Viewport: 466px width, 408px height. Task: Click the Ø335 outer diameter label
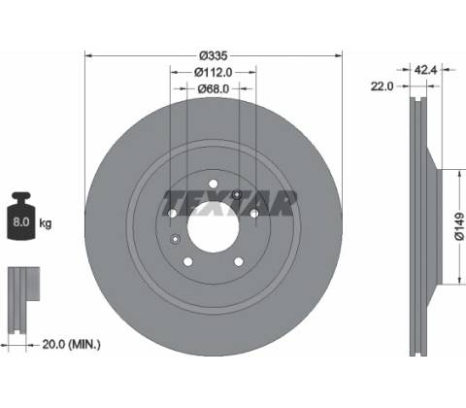coord(214,56)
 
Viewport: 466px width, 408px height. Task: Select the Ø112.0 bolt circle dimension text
coord(214,72)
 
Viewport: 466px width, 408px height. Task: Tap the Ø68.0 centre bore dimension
coord(214,88)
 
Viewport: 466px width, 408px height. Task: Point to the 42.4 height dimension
coord(426,70)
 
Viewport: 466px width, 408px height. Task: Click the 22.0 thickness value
coord(382,86)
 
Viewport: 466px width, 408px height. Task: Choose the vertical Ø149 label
coord(459,226)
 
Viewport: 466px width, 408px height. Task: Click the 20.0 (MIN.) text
coord(72,344)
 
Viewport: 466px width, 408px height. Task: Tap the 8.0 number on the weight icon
coord(21,222)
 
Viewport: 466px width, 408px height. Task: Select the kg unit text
coord(46,223)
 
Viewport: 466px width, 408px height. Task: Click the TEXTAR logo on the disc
coord(229,203)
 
